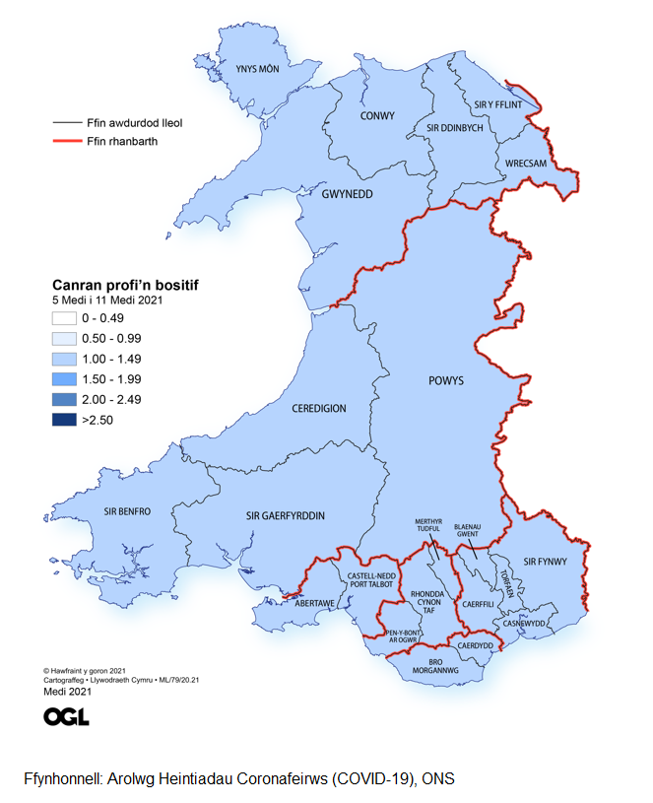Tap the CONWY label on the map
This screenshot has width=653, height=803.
click(377, 115)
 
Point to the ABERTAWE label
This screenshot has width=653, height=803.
click(317, 603)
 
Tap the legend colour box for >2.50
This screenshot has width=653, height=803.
click(66, 419)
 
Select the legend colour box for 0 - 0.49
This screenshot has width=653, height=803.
click(66, 318)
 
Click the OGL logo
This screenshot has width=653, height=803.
click(66, 716)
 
